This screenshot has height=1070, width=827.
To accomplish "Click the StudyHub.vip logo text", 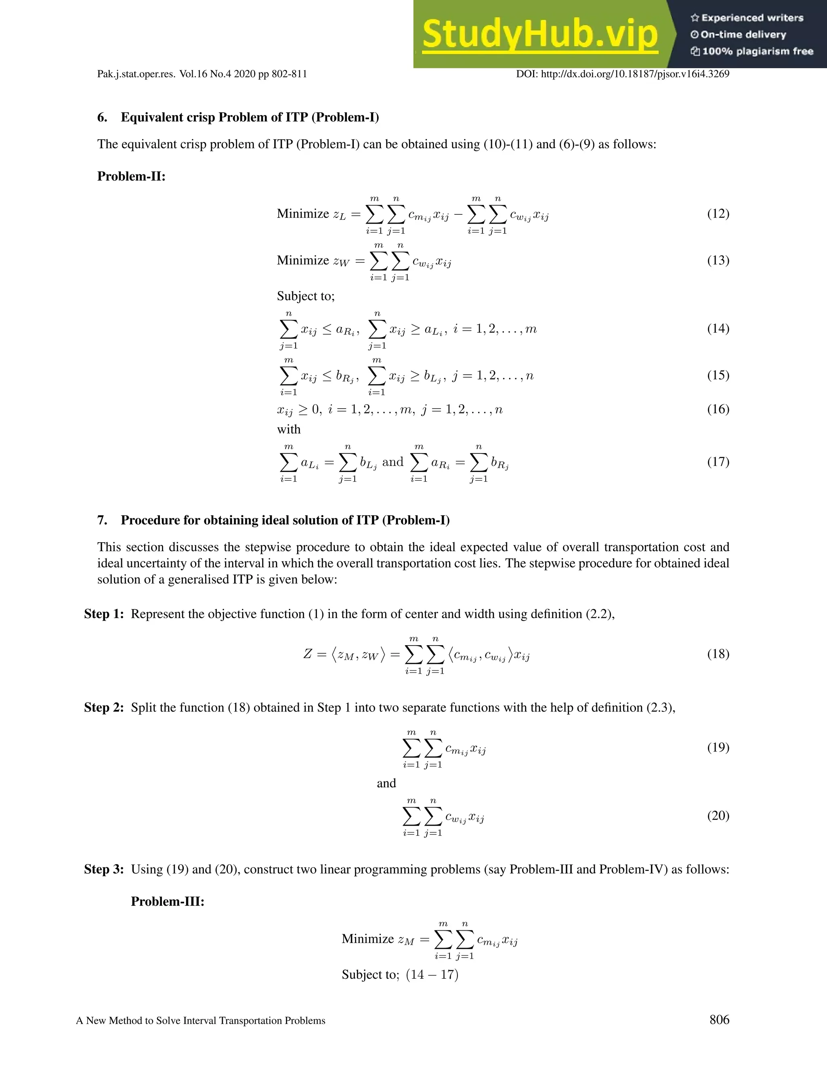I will pos(539,35).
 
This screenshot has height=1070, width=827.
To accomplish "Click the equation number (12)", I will pos(718,214).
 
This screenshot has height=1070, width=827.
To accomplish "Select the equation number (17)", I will pos(718,462).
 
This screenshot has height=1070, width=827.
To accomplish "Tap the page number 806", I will pos(719,1020).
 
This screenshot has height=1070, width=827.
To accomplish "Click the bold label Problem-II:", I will pos(131,176).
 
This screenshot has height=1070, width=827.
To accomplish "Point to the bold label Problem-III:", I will pos(168,902).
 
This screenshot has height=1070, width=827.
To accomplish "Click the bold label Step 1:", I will pos(104,614).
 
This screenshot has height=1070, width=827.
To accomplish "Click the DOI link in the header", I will pos(622,74).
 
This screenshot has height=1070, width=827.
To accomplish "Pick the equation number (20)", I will pos(718,815).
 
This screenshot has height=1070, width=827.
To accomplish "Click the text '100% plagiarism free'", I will pos(758,51).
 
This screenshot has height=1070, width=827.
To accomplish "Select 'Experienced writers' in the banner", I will pos(752,18).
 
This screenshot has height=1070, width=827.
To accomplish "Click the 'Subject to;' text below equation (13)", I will pos(306,296).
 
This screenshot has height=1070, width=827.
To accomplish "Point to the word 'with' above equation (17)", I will pos(289,429).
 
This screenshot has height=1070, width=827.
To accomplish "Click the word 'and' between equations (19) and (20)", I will pos(386,783).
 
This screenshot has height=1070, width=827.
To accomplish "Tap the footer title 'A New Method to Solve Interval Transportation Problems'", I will pos(201,1020).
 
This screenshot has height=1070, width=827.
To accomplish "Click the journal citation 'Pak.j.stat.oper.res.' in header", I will pos(136,74).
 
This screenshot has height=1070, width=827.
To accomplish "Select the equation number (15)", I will pos(718,375).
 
